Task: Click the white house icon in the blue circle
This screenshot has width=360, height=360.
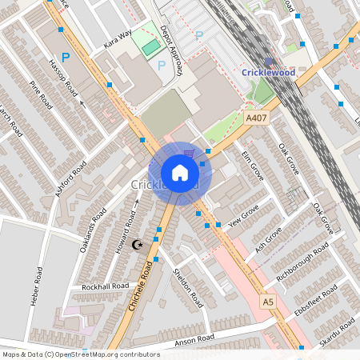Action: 180,172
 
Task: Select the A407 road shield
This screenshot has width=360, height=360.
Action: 256,118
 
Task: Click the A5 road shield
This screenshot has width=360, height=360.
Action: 268,302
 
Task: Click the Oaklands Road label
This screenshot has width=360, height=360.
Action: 94,229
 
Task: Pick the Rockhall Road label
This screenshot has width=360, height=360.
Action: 105,286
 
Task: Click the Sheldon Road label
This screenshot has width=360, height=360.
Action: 187,289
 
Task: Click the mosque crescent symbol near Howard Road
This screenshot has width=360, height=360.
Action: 138,244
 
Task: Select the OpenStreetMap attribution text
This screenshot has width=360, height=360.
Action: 80,354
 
